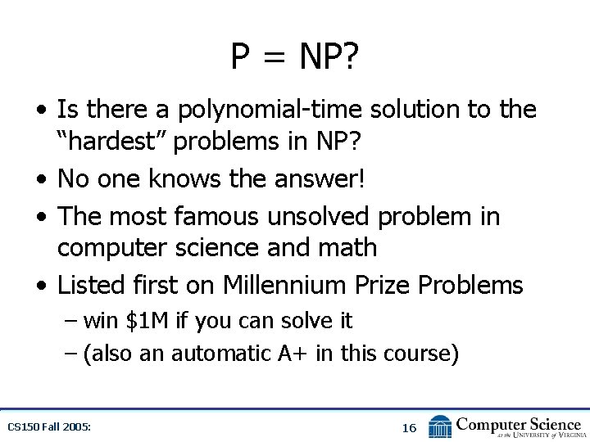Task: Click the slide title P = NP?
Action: click(x=295, y=57)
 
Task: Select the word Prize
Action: click(x=383, y=285)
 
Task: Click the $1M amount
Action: click(x=147, y=321)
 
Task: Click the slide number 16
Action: click(x=409, y=427)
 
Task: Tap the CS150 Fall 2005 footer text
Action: click(x=49, y=427)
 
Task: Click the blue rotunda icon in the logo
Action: click(x=440, y=426)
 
